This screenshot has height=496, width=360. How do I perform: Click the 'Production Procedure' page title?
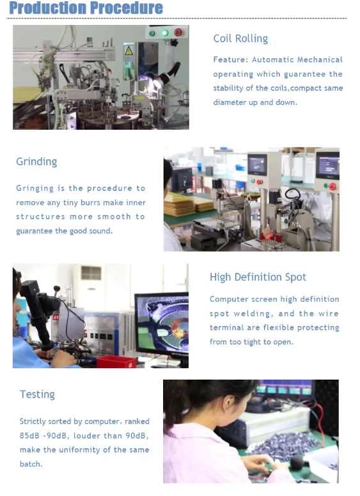[86, 8]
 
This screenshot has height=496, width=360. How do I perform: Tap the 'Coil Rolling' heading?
[240, 38]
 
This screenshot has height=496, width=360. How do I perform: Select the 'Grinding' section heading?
[36, 162]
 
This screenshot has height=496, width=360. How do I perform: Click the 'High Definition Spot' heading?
[258, 277]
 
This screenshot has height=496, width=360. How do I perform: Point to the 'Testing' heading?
[37, 395]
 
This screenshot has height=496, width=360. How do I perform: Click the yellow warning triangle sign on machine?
[129, 50]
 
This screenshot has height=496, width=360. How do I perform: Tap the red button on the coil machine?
[178, 32]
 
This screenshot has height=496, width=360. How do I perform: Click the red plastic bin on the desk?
[116, 362]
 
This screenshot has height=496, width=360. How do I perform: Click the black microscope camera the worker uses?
[38, 311]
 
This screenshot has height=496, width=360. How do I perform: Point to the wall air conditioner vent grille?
[91, 273]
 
